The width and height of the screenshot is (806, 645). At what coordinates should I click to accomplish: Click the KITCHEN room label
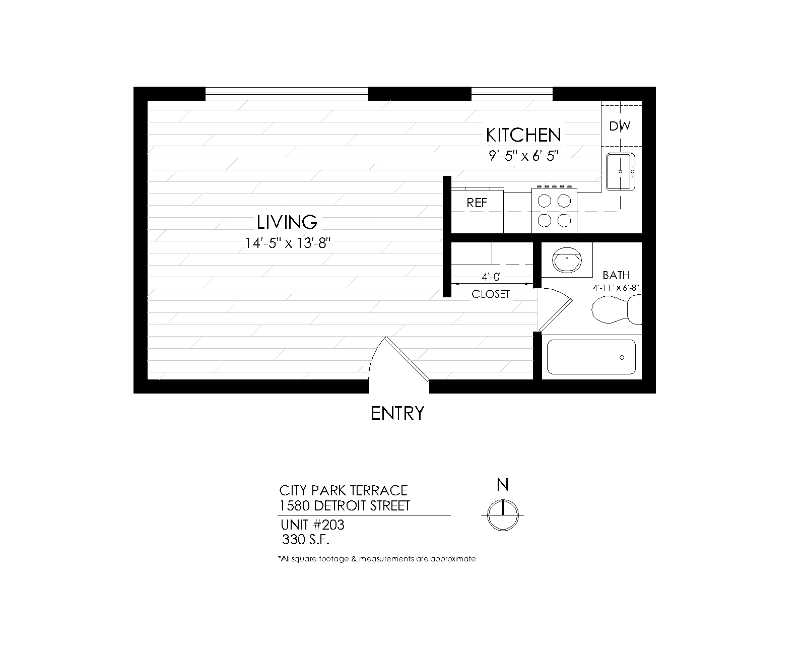(523, 135)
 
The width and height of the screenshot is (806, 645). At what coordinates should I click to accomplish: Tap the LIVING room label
(287, 222)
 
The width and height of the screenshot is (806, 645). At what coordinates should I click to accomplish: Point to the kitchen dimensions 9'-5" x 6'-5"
(524, 156)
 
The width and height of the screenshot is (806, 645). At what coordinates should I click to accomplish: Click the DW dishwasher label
(620, 126)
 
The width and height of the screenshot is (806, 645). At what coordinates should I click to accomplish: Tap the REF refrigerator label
(477, 203)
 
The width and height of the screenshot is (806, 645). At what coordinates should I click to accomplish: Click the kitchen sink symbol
(621, 171)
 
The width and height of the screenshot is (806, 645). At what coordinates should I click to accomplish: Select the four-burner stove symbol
(554, 211)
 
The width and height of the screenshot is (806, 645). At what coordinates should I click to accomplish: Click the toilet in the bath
(616, 309)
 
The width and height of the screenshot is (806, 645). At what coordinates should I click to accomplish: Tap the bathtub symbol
(591, 357)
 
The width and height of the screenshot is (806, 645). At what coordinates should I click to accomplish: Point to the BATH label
(616, 275)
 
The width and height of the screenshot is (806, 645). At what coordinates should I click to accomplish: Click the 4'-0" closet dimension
(492, 277)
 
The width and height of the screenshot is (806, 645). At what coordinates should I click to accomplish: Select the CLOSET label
(491, 294)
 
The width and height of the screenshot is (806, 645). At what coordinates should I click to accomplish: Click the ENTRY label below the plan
(397, 413)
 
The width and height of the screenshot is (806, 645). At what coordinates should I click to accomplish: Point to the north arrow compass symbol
(503, 514)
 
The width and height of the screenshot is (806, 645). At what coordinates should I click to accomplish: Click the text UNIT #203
(312, 525)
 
